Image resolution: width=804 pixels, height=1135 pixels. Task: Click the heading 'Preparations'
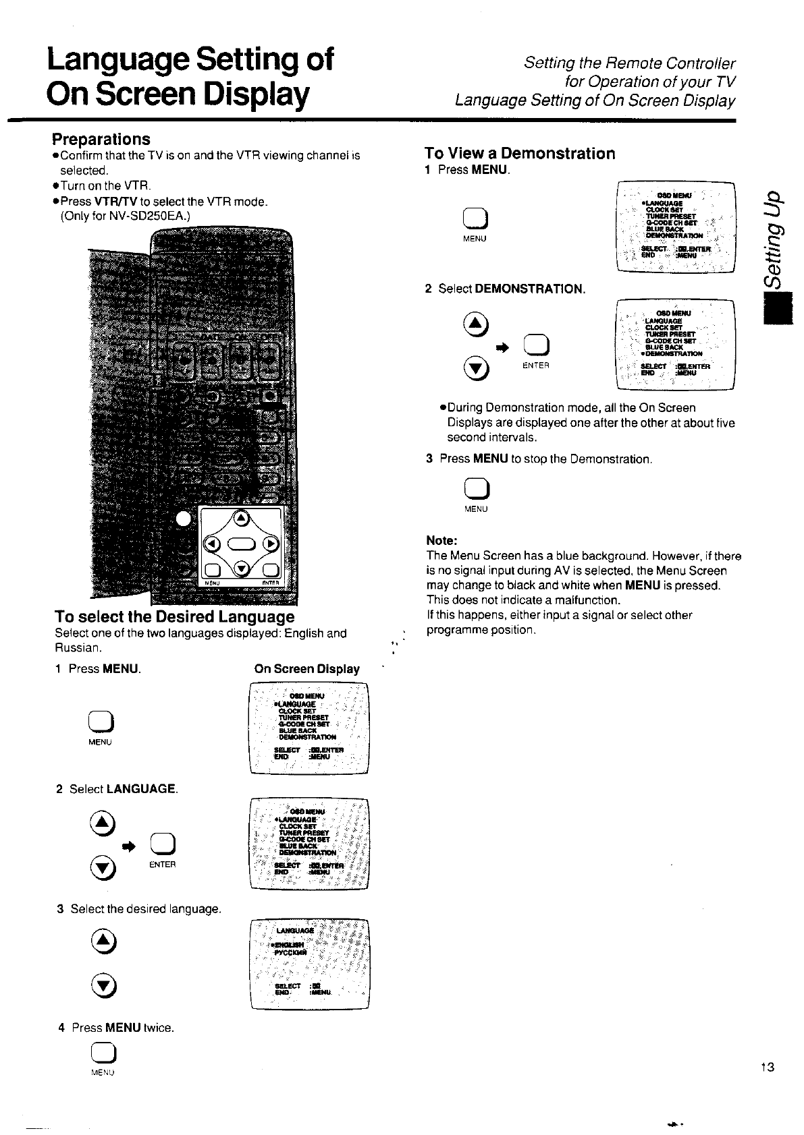101,139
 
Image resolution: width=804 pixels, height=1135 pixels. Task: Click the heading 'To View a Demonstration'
520,154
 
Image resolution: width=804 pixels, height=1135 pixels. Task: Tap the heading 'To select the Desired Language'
174,617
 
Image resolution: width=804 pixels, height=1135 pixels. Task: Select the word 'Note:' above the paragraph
442,541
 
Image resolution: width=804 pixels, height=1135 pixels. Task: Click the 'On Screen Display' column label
306,669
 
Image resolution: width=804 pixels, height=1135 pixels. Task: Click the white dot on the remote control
183,518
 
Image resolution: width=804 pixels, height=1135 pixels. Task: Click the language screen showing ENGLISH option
309,964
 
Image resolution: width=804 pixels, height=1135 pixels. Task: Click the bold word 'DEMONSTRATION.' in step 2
530,289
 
